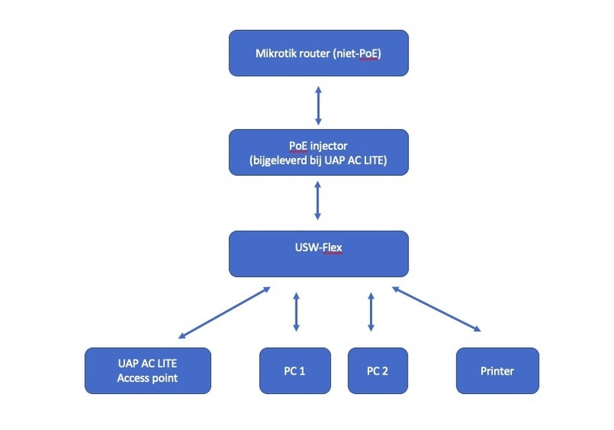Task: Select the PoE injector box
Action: point(319,152)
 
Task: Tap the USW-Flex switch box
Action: point(319,253)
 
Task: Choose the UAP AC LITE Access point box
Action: point(147,370)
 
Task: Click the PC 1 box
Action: point(295,371)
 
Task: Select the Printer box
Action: point(497,371)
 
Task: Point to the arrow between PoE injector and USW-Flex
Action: point(319,203)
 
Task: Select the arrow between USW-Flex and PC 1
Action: point(295,312)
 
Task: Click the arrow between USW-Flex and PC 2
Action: point(371,312)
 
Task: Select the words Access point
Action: point(147,378)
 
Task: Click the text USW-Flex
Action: point(319,247)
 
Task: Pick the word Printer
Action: point(497,371)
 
